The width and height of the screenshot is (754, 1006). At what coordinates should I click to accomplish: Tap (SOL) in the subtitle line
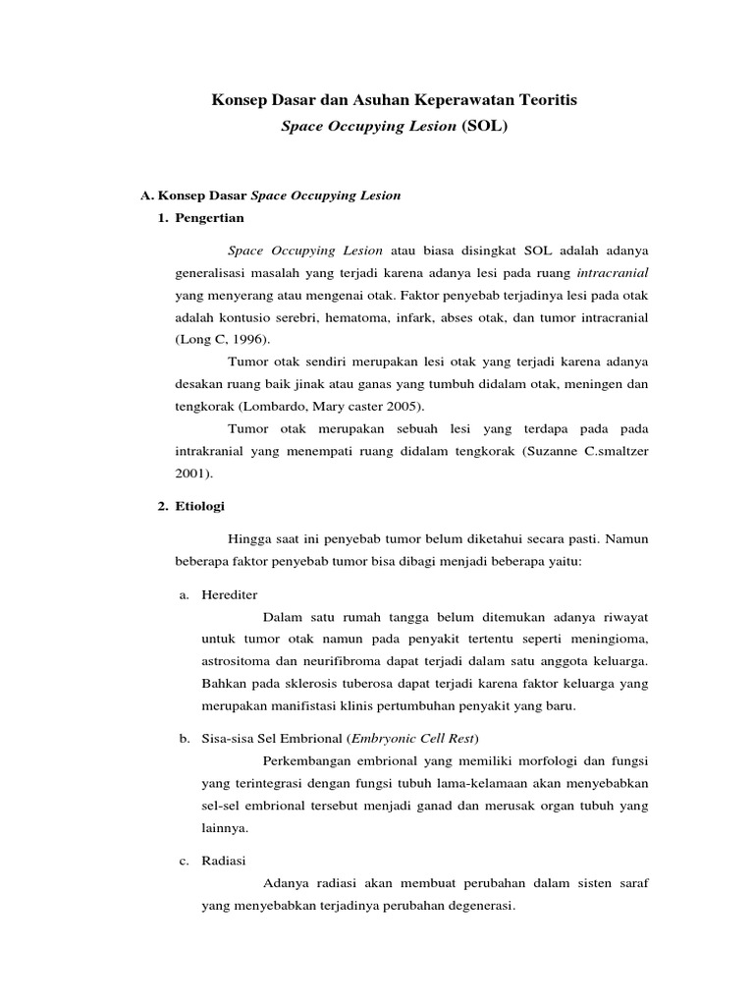484,128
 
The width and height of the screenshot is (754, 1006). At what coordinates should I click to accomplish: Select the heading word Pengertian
210,217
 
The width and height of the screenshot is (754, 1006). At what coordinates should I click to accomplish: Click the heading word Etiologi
200,506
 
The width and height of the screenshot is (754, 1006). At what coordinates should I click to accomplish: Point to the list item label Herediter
231,594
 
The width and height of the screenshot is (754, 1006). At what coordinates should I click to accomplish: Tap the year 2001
192,473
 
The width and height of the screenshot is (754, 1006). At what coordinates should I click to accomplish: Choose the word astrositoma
234,660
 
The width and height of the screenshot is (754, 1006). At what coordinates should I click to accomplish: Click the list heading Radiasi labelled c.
224,861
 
